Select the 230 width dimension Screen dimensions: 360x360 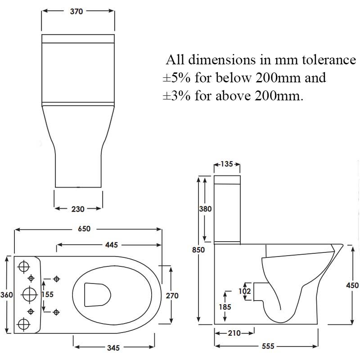pos(78,209)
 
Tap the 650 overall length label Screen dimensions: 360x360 pos(84,229)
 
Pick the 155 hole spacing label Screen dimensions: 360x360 pos(47,295)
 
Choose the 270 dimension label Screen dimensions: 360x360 pos(172,296)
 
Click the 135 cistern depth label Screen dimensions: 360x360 pos(226,164)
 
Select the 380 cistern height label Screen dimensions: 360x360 pos(205,209)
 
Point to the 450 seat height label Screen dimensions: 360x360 pos(352,285)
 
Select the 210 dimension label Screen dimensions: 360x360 pos(234,333)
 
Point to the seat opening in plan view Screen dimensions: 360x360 pos(98,294)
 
